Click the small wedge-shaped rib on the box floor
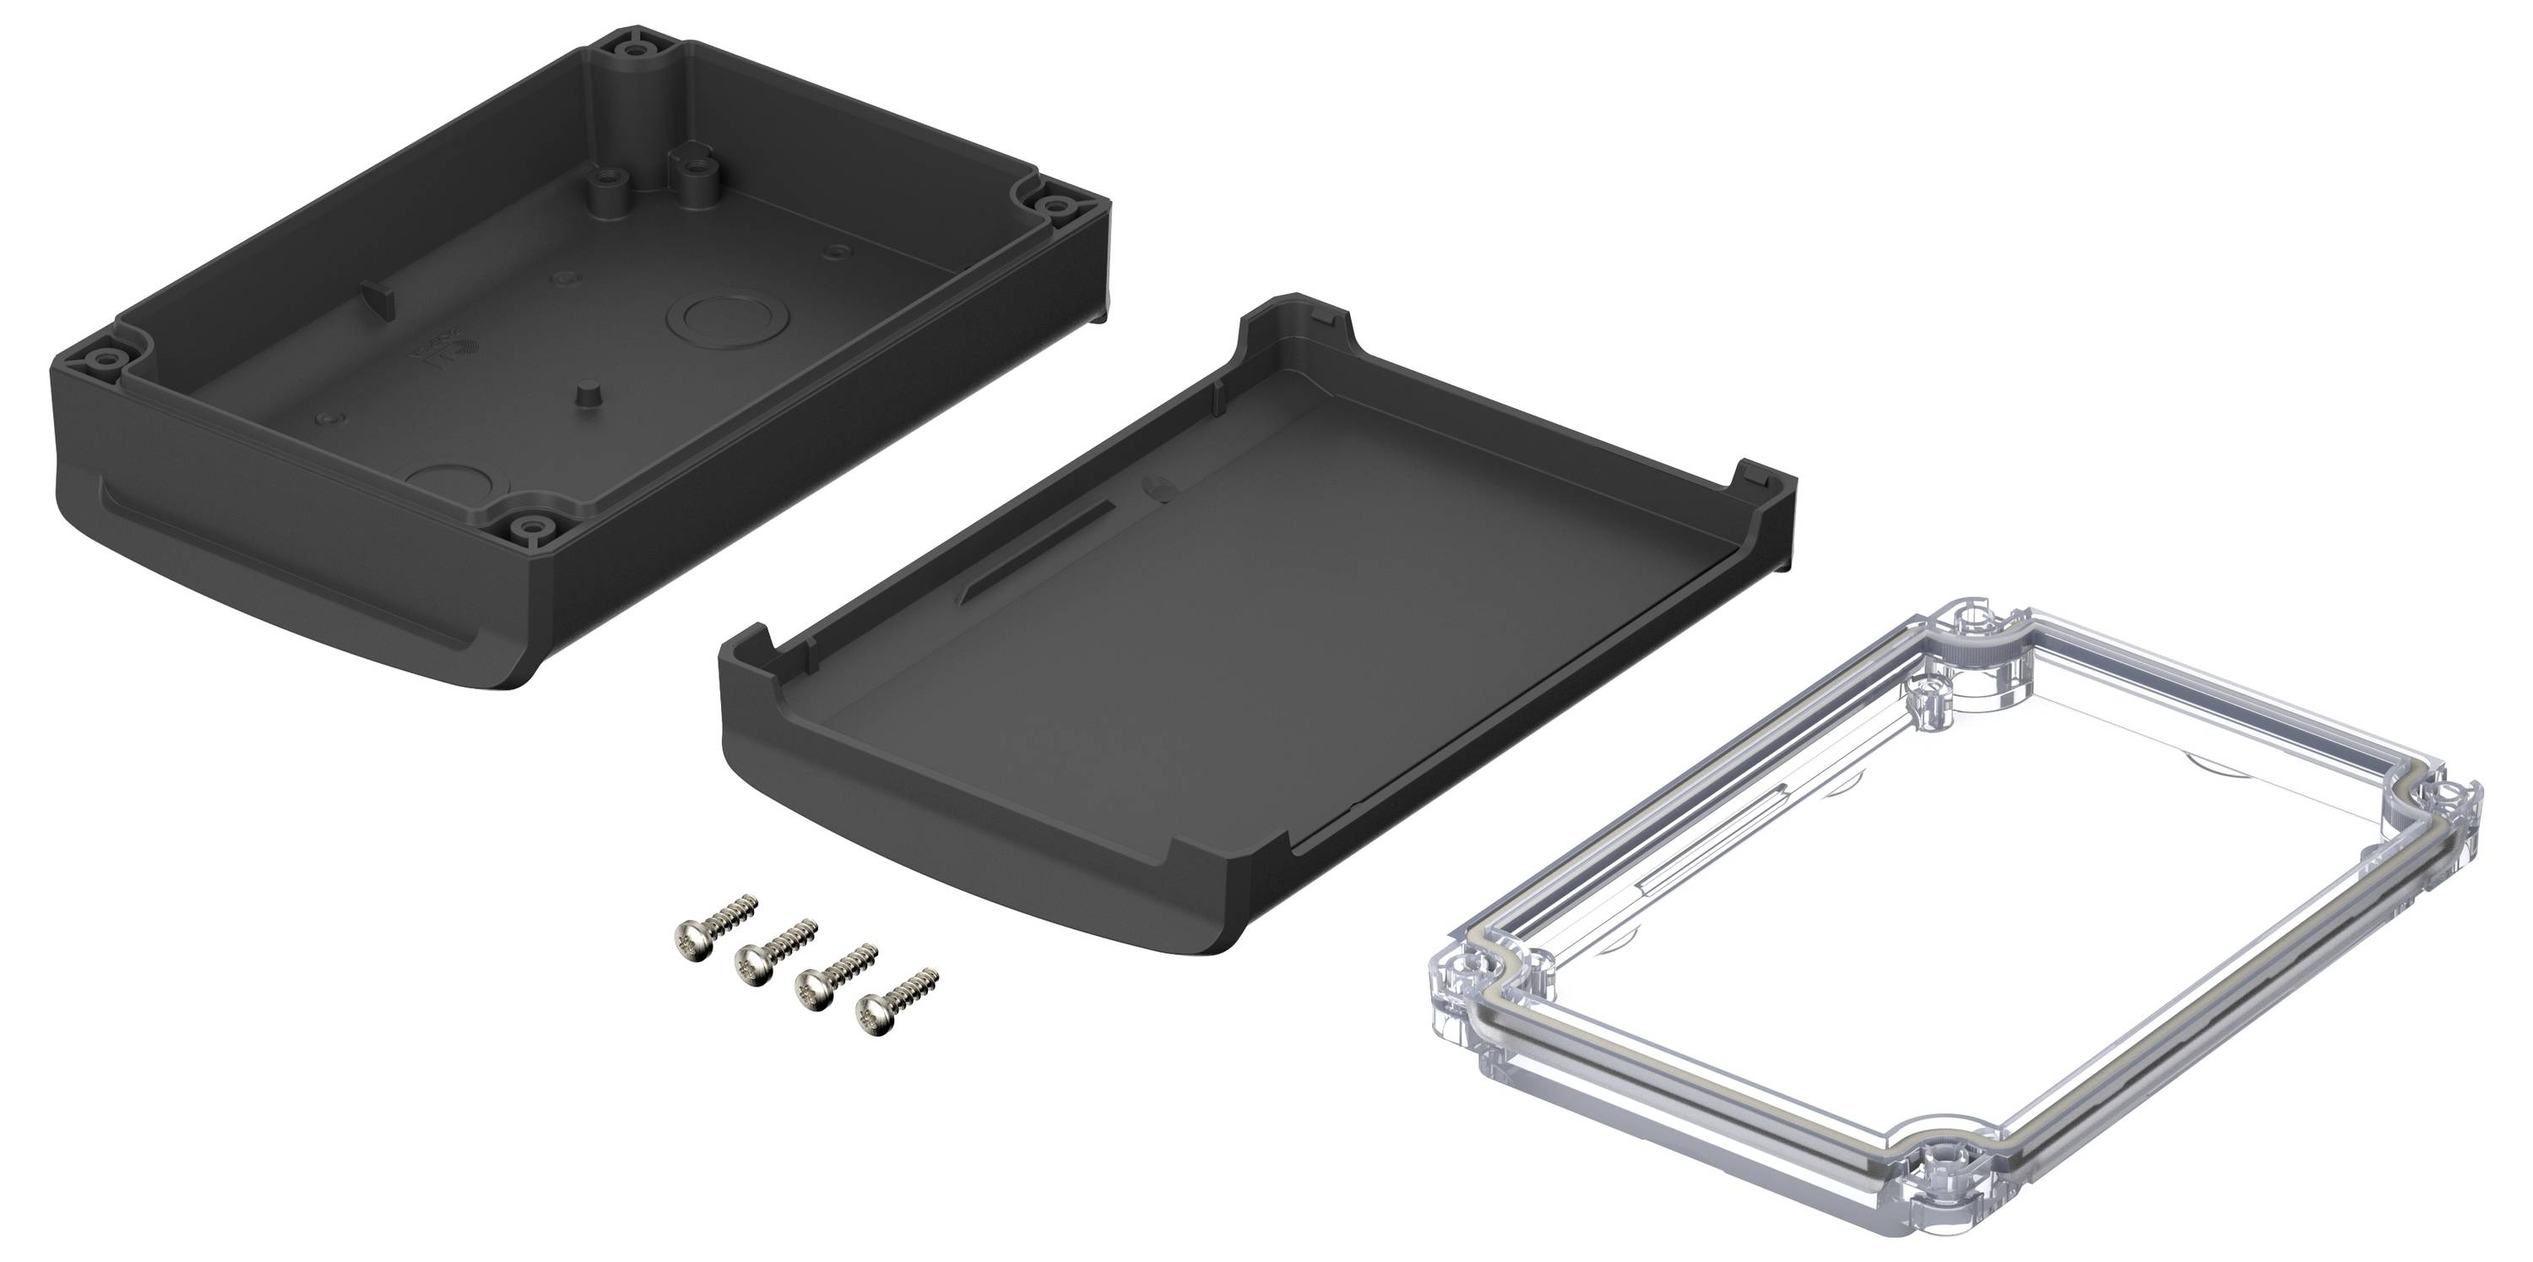point(377,293)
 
